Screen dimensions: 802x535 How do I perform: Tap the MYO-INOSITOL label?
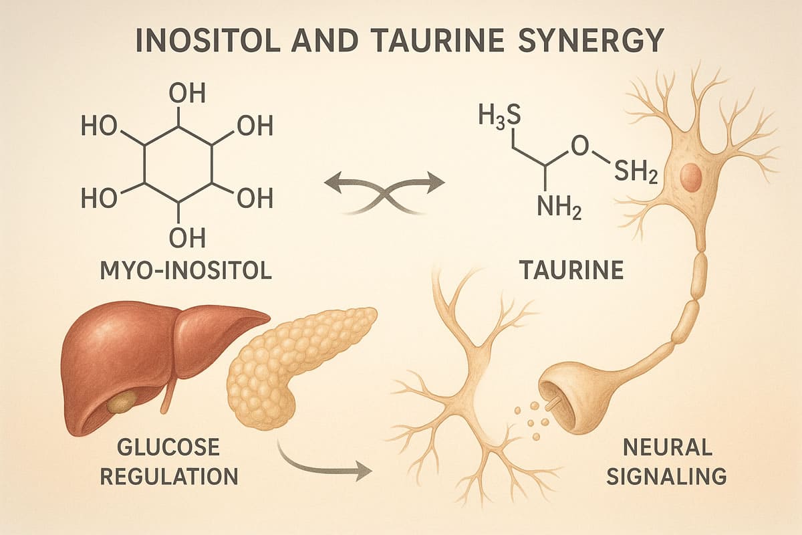pos(186,271)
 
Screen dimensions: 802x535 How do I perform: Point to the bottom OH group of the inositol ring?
pos(187,237)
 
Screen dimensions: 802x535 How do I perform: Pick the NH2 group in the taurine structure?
pos(559,209)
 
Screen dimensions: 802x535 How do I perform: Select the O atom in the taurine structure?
pos(580,147)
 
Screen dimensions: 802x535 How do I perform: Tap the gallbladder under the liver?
pos(122,401)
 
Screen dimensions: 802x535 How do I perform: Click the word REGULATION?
pos(169,476)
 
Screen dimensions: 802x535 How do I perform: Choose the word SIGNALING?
pos(667,476)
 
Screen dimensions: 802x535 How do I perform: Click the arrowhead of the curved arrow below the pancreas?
pos(364,471)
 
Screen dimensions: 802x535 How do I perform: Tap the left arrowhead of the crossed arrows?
pos(333,182)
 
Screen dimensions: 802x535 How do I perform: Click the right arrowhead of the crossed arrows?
pos(434,182)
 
